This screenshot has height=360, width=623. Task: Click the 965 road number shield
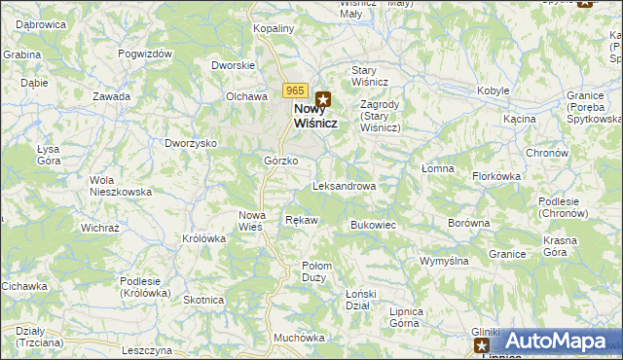(x=297, y=90)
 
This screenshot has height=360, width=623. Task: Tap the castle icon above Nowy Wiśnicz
(x=323, y=98)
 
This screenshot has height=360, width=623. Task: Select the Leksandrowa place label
(x=344, y=185)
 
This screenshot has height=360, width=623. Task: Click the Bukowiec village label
(x=372, y=225)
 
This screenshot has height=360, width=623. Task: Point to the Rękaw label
(x=301, y=220)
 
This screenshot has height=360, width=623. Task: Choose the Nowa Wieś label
(x=252, y=221)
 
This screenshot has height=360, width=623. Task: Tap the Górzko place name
(x=280, y=161)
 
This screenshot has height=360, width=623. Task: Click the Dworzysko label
(x=190, y=143)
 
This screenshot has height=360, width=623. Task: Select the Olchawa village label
(x=246, y=97)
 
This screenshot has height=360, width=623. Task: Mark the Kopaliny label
(x=274, y=29)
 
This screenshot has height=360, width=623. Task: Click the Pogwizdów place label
(x=145, y=54)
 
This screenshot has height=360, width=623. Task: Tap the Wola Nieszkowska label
(x=121, y=186)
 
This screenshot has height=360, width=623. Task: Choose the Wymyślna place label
(x=444, y=261)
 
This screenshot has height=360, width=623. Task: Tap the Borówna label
(x=468, y=223)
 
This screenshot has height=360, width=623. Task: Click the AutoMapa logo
(x=555, y=342)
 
